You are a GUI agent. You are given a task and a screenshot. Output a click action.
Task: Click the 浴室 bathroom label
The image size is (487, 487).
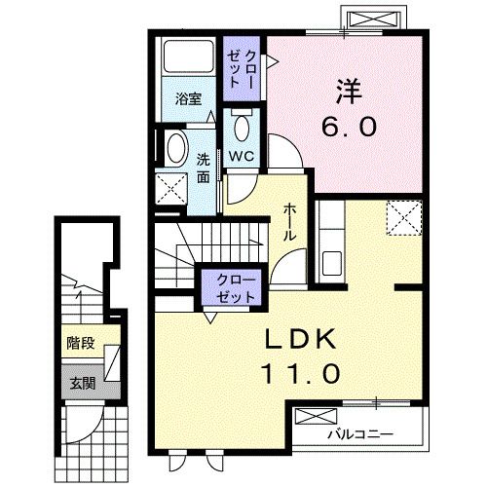click(188, 99)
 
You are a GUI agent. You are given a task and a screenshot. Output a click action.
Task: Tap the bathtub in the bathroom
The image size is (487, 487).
click(188, 56)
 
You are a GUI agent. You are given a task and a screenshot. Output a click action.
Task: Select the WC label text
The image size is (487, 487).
click(242, 157)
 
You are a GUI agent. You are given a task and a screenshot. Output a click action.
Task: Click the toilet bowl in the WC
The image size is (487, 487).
click(242, 128)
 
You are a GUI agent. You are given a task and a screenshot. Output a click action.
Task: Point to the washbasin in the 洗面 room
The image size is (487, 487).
click(177, 148)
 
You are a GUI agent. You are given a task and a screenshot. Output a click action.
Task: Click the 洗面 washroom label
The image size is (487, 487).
click(204, 169)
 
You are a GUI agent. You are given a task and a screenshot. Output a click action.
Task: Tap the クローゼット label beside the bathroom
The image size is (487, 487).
click(242, 69)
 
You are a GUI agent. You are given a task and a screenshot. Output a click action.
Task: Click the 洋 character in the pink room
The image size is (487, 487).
click(349, 92)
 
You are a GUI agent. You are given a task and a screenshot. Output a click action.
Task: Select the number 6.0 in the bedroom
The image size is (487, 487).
click(350, 127)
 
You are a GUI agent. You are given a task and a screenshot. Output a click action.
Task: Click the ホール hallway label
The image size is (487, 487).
click(290, 222)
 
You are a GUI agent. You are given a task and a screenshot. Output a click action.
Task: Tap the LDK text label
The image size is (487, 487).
click(300, 339)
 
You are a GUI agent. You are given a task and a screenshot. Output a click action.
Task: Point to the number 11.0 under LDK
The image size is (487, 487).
click(301, 373)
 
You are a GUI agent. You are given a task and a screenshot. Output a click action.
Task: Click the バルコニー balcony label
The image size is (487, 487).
click(360, 434)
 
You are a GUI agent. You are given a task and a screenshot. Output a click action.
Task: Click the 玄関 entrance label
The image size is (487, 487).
click(83, 384)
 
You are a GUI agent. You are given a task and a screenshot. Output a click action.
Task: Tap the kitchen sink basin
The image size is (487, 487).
click(332, 263)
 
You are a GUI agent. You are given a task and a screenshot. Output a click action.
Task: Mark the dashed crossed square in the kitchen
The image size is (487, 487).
click(404, 217)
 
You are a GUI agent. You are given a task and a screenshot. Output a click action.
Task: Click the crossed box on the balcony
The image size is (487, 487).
click(317, 416)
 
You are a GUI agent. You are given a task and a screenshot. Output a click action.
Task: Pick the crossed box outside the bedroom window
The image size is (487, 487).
click(372, 19)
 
